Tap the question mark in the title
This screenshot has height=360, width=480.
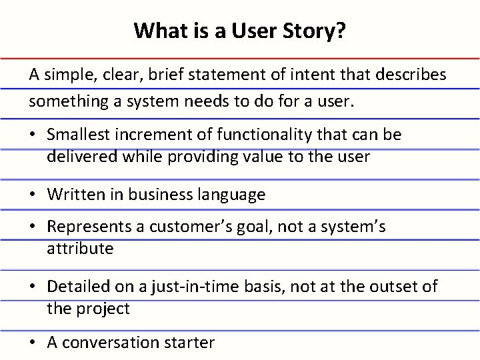tap(341, 31)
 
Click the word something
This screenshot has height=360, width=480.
tap(61, 103)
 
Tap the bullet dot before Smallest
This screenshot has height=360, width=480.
tap(33, 135)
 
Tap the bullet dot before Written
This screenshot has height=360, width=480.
tap(33, 195)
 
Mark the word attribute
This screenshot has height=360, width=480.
tap(80, 249)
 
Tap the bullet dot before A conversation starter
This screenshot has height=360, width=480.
tap(33, 343)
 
